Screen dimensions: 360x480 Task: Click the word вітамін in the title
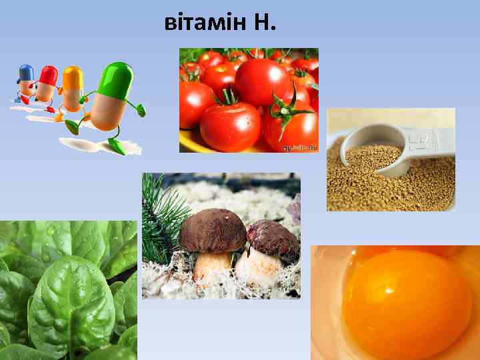coord(204,24)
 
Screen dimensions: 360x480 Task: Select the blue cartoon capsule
coord(26,79)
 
